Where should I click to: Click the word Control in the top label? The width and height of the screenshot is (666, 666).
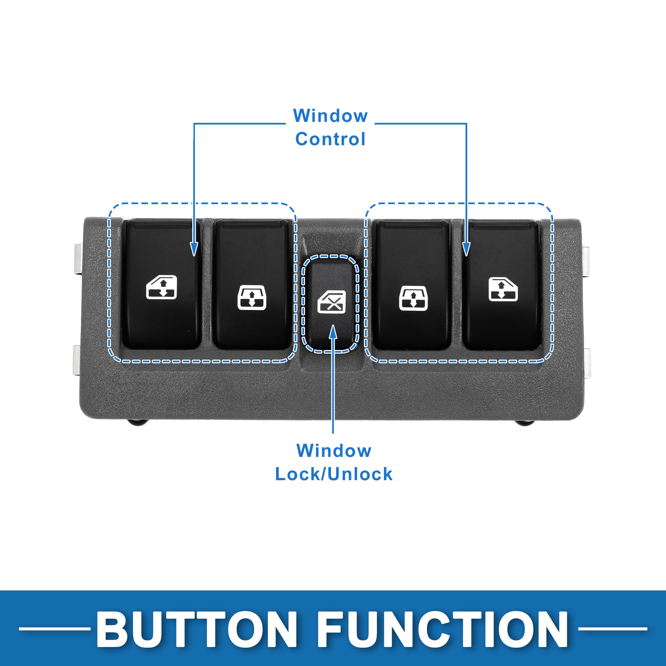pos(330,139)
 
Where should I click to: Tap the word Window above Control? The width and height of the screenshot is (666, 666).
pos(330,116)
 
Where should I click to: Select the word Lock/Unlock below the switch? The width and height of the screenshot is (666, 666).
pos(334,474)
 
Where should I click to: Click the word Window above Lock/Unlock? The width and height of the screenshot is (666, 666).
pos(334,451)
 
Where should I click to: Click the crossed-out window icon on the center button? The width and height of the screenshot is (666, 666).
pos(331,302)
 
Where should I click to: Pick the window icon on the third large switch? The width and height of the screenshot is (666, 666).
pos(413,298)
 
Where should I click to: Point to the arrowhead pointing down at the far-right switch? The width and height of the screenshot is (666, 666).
pos(467,249)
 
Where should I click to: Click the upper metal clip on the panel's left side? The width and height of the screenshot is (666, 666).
pos(78,259)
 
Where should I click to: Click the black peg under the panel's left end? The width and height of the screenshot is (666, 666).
pos(137,422)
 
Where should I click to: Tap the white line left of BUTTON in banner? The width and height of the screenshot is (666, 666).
pos(55,629)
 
